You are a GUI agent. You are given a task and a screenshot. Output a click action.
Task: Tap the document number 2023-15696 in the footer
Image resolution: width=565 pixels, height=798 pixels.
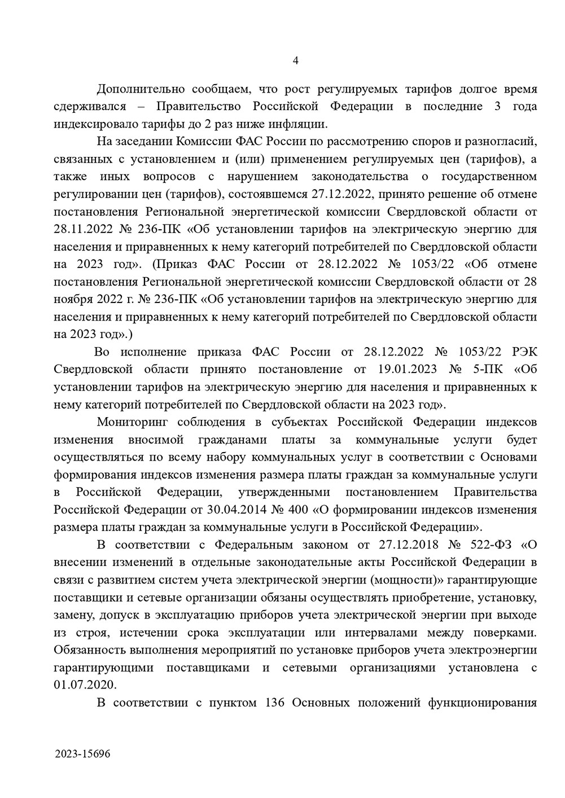click(x=83, y=754)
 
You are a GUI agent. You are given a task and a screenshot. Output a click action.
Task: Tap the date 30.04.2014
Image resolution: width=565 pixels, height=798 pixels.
click(x=256, y=510)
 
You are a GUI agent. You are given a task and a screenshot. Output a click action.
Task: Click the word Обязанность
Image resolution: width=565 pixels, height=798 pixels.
click(x=90, y=650)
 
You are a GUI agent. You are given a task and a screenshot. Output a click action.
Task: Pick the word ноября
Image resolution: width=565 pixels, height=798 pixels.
click(x=71, y=299)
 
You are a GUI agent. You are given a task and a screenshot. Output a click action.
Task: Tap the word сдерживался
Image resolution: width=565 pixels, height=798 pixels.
click(x=90, y=107)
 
